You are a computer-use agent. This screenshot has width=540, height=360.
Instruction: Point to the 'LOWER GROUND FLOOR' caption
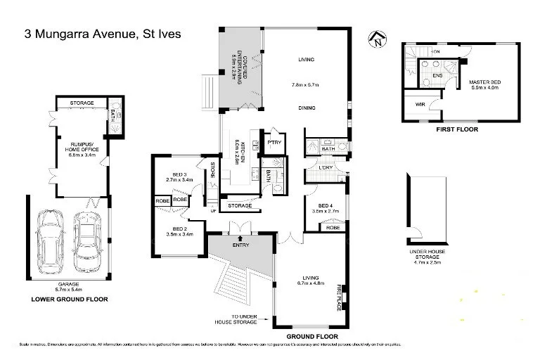[x=69, y=299]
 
